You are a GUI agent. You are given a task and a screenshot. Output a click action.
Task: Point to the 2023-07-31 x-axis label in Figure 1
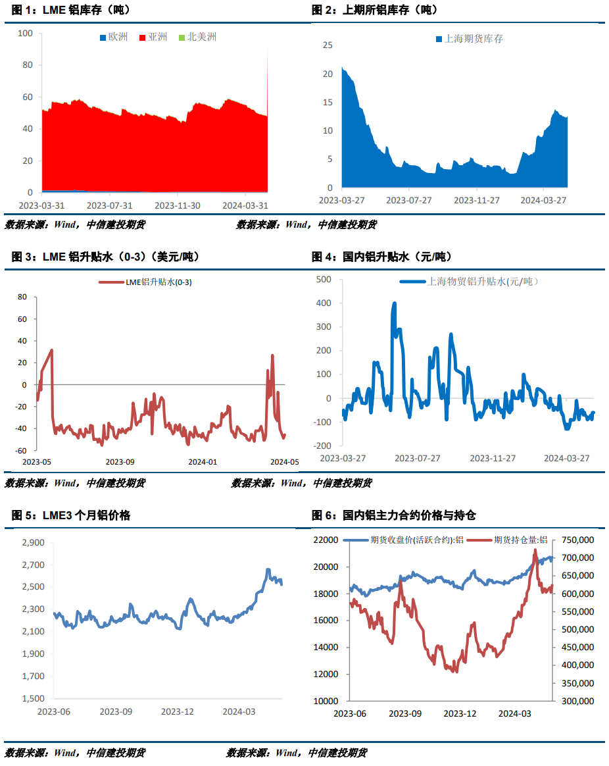click(110, 205)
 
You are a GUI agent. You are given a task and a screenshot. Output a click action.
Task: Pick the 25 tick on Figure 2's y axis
click(328, 45)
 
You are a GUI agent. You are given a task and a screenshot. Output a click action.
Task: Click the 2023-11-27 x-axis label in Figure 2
click(477, 200)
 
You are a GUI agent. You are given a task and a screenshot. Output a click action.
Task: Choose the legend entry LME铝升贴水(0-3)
click(149, 282)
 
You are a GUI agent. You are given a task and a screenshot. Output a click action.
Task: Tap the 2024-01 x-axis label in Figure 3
click(203, 462)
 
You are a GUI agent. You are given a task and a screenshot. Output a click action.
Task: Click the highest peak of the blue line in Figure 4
click(395, 303)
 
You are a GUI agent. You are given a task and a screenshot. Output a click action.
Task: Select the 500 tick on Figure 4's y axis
click(324, 280)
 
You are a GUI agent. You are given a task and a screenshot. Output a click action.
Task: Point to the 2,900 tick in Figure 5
click(32, 543)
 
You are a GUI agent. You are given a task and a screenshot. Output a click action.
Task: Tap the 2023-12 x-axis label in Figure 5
click(178, 712)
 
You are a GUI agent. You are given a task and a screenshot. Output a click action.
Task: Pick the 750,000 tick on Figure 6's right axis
click(576, 540)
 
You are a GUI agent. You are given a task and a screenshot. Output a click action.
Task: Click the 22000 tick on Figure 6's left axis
click(326, 540)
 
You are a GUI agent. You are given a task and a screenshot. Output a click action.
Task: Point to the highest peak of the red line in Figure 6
click(535, 549)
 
